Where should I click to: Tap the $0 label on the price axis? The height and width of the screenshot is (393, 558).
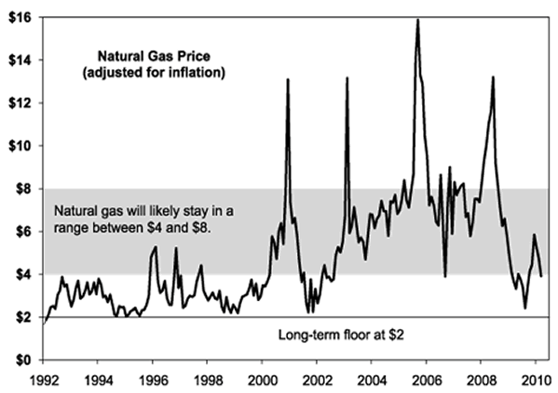(x=21, y=360)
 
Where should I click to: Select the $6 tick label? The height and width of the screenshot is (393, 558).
(x=21, y=231)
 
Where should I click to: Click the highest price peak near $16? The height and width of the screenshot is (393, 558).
(x=418, y=20)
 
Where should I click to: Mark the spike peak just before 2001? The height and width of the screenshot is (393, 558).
(x=288, y=80)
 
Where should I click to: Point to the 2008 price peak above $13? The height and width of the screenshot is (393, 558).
(x=492, y=78)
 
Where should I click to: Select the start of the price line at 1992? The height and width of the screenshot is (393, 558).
(x=45, y=321)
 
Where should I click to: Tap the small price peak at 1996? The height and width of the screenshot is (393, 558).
(x=155, y=247)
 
